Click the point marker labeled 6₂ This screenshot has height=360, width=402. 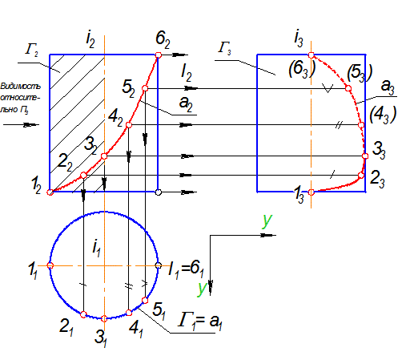(159, 55)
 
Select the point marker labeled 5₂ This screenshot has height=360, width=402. (145, 88)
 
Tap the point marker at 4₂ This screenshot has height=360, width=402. (129, 125)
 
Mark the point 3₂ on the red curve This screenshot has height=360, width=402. (104, 156)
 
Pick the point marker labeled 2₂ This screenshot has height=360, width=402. (83, 176)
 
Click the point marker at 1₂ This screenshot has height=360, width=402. (50, 192)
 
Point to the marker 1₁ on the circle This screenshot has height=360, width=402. (50, 265)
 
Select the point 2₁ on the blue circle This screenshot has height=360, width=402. (83, 314)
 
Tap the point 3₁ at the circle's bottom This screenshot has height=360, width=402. (104, 318)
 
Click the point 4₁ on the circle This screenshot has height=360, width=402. (129, 313)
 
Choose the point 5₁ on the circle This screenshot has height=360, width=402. (145, 301)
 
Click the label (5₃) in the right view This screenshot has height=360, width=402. (360, 73)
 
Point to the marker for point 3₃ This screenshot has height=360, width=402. (365, 156)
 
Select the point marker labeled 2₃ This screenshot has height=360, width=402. (361, 176)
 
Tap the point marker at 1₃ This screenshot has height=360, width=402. (312, 192)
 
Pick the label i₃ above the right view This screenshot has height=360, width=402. (299, 39)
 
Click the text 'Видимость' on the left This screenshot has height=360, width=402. (21, 87)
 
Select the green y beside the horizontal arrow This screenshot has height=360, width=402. (267, 221)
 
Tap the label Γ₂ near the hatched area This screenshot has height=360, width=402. (32, 50)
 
